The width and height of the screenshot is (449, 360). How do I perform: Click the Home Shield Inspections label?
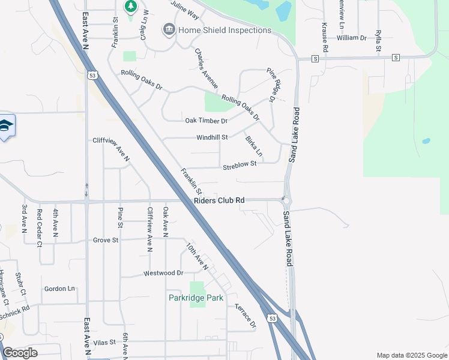click(224, 30)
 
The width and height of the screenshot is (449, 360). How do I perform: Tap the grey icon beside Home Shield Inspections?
click(169, 29)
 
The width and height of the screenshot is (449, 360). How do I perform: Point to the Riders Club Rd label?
click(219, 200)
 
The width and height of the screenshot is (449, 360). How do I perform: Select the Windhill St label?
click(212, 137)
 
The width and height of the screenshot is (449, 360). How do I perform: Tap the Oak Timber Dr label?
click(206, 121)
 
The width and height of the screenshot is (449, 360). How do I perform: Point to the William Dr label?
click(351, 38)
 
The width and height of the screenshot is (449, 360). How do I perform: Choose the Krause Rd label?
click(324, 37)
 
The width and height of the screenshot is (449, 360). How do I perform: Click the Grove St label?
click(106, 240)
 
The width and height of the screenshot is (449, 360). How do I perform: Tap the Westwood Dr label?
click(163, 273)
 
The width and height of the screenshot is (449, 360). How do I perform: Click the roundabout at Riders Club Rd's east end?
click(286, 200)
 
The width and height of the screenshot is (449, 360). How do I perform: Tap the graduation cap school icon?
click(5, 125)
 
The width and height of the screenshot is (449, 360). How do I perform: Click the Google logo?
click(20, 352)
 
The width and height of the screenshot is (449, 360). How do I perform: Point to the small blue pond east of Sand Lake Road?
click(426, 142)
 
